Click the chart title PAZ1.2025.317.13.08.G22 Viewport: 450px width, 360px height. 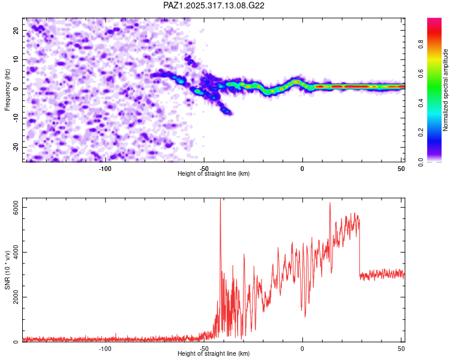(214, 5)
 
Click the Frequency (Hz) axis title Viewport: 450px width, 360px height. (7, 89)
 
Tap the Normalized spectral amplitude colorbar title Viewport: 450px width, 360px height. (446, 89)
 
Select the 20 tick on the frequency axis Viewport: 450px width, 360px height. (16, 30)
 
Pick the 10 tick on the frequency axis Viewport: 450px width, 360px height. (16, 59)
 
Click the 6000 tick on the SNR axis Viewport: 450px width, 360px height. (16, 208)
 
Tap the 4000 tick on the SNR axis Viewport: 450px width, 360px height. (16, 253)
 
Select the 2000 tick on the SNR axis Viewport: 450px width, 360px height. (16, 297)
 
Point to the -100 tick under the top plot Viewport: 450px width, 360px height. (105, 168)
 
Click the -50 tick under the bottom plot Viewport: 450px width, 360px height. (203, 348)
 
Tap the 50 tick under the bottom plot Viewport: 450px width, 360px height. (401, 348)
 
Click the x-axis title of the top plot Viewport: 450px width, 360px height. (214, 174)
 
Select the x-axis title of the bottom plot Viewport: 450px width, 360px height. (214, 354)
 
